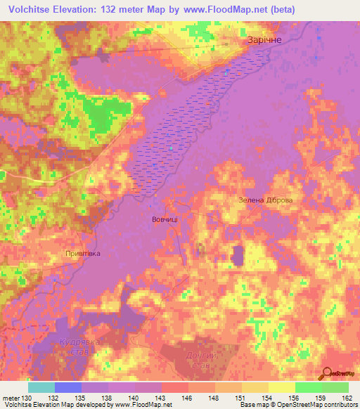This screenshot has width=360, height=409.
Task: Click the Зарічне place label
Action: tap(264, 40)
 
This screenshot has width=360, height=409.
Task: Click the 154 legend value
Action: tap(269, 398)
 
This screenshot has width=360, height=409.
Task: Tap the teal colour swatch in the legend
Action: tap(41, 387)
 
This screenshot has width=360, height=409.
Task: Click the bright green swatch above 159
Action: tap(308, 387)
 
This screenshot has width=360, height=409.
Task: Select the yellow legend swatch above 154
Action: tap(255, 387)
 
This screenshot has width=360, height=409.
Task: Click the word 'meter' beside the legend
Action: tap(11, 398)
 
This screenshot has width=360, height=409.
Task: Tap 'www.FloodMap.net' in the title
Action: tap(219, 9)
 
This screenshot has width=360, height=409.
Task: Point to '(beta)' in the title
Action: tap(281, 9)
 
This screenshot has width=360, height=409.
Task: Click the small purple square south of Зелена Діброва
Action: tap(237, 256)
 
